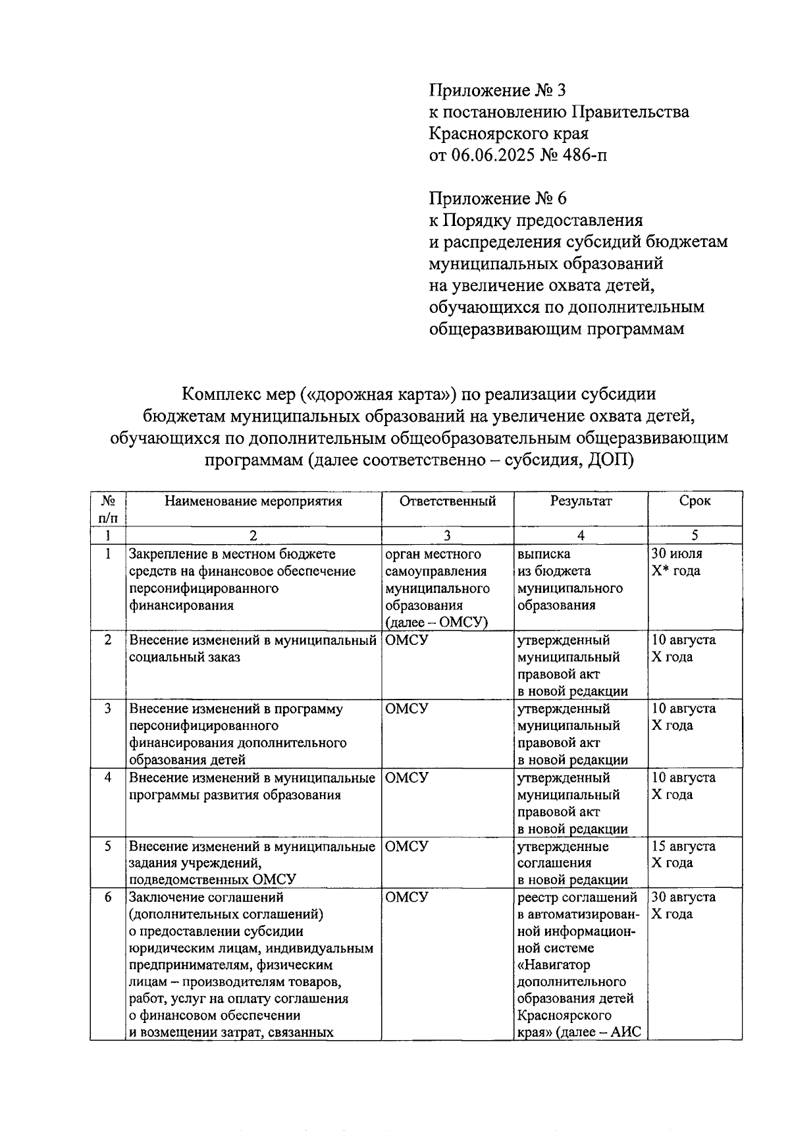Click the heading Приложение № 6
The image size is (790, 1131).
click(x=497, y=198)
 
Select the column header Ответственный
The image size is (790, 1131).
click(x=447, y=501)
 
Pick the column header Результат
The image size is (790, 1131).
click(x=581, y=501)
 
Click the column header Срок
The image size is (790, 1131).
click(x=695, y=501)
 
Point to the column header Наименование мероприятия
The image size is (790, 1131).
click(x=253, y=501)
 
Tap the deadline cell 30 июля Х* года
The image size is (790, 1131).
click(x=677, y=563)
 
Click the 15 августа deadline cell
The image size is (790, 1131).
click(x=683, y=854)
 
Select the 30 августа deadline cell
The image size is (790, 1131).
click(x=683, y=905)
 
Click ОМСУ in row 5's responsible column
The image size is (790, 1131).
click(x=406, y=846)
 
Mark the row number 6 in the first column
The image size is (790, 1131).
click(x=108, y=897)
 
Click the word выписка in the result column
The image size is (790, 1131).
click(x=544, y=554)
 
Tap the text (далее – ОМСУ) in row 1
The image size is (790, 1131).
click(x=436, y=622)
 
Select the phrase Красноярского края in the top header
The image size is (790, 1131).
click(x=508, y=133)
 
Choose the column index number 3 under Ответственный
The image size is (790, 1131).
click(x=447, y=536)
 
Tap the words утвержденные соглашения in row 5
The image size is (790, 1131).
click(x=563, y=854)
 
